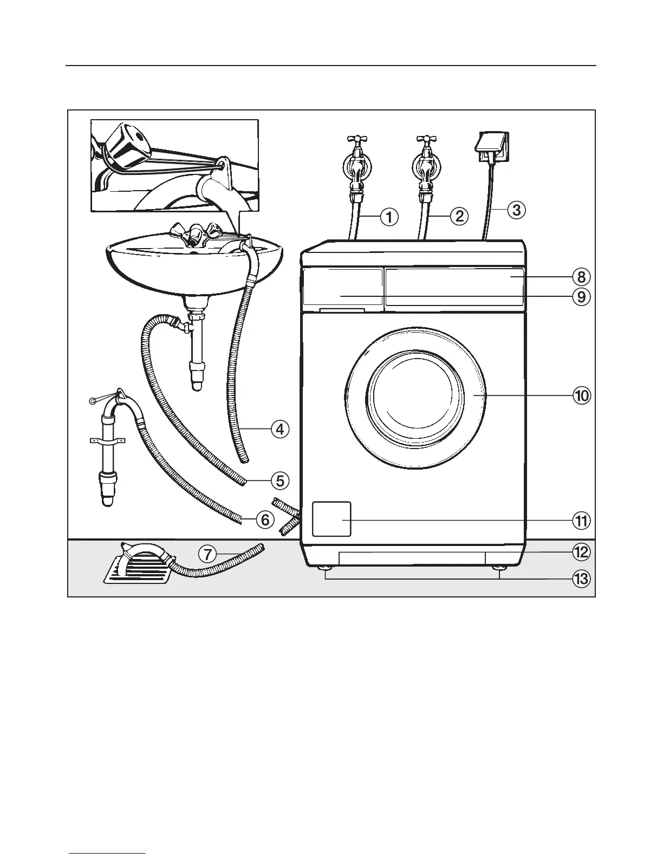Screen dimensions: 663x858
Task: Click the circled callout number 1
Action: click(388, 217)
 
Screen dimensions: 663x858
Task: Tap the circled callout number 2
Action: click(459, 216)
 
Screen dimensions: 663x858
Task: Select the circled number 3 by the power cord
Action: click(516, 209)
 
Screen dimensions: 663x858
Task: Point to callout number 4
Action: click(279, 430)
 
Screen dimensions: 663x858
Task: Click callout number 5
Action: click(279, 480)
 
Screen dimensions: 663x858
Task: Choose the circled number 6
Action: click(265, 520)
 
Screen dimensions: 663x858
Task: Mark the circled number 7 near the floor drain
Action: click(207, 554)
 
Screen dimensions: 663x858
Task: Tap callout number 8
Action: click(581, 277)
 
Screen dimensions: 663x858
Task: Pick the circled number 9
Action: click(581, 297)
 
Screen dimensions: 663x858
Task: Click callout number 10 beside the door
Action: click(581, 396)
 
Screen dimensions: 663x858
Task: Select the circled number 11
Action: click(581, 521)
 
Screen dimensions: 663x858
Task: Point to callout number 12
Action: click(581, 552)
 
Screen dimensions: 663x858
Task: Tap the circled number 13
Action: click(581, 579)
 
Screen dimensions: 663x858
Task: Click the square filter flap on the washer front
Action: click(331, 519)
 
